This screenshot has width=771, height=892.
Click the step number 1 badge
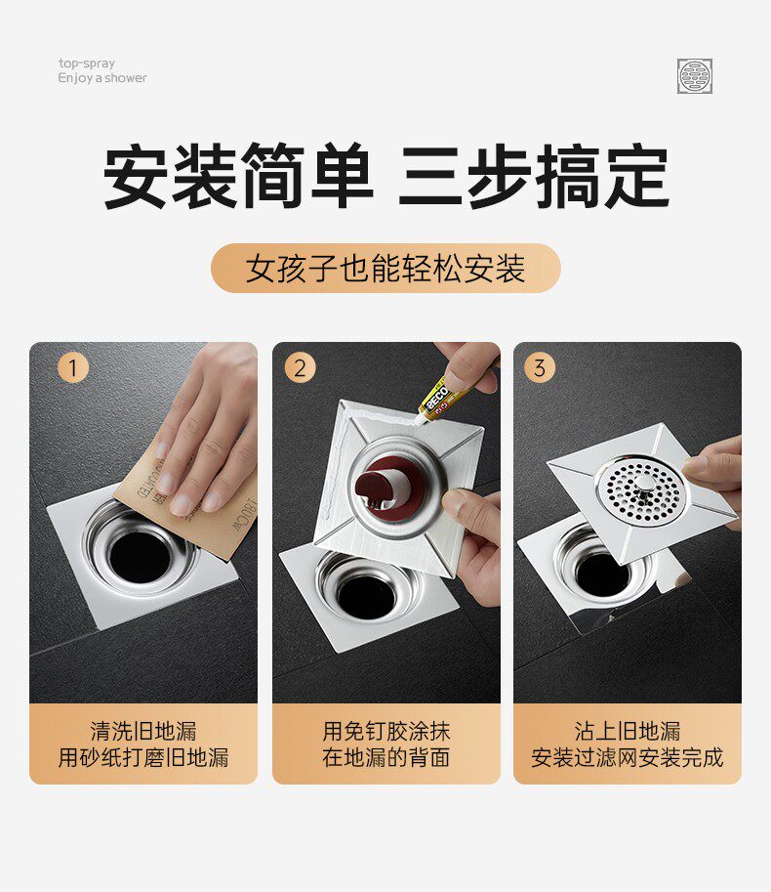pyautogui.click(x=73, y=367)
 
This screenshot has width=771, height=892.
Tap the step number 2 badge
pyautogui.click(x=300, y=367)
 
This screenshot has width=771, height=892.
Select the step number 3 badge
pyautogui.click(x=539, y=367)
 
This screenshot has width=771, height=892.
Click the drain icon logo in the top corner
pyautogui.click(x=694, y=75)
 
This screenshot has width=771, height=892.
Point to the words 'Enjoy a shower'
pyautogui.click(x=102, y=78)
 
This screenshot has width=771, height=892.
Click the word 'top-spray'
pyautogui.click(x=86, y=64)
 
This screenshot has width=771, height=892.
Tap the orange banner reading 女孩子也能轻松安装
pyautogui.click(x=385, y=268)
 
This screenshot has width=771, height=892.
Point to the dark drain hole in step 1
pyautogui.click(x=140, y=557)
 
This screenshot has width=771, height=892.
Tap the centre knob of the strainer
pyautogui.click(x=645, y=486)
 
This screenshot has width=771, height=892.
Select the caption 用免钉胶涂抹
pyautogui.click(x=386, y=731)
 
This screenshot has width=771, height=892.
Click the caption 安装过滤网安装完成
pyautogui.click(x=628, y=758)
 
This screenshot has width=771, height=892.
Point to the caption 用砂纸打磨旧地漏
pyautogui.click(x=143, y=758)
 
